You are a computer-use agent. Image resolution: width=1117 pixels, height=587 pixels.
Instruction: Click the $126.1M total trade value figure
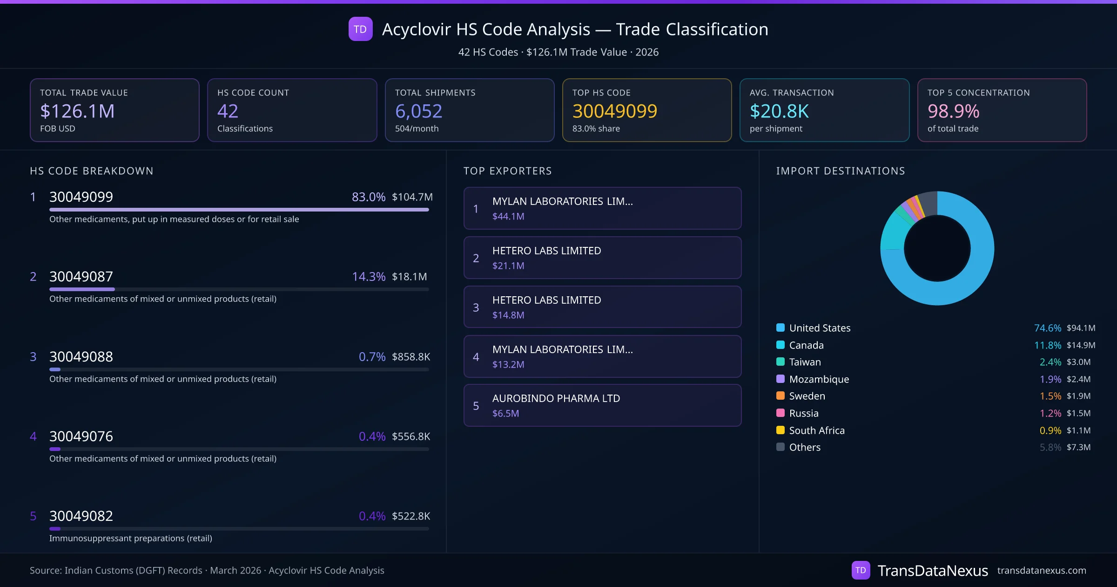[77, 111]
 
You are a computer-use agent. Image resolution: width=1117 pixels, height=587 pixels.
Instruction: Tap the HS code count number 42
[228, 111]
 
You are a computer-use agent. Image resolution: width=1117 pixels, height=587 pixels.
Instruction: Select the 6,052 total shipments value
[418, 111]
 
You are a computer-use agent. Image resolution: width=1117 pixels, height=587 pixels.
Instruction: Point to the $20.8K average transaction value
[779, 111]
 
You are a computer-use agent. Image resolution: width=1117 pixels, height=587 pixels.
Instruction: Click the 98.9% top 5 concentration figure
[953, 111]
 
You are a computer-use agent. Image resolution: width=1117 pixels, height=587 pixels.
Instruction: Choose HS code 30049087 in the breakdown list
[81, 277]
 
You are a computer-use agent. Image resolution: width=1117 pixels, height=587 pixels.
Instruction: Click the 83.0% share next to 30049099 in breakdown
[368, 197]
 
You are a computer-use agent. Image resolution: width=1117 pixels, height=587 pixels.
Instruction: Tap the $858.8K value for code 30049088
[410, 357]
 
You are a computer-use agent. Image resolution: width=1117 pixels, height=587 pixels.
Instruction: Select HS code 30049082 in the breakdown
[81, 516]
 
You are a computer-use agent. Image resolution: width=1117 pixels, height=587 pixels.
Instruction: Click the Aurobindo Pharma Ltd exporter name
[556, 398]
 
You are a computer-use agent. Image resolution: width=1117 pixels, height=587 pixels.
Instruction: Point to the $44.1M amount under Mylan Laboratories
[508, 216]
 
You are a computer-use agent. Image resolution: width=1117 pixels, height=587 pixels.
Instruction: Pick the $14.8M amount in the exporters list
[508, 315]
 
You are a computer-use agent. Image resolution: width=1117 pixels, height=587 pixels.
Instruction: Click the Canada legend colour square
[781, 345]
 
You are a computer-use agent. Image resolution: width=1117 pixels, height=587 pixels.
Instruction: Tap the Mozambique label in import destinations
[819, 379]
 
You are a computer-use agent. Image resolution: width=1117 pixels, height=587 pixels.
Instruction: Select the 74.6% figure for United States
[1047, 328]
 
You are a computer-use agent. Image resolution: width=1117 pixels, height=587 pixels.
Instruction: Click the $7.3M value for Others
[1078, 447]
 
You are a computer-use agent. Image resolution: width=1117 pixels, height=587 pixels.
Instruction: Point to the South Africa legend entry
[816, 430]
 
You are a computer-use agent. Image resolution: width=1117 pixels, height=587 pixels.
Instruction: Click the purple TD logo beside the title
[360, 29]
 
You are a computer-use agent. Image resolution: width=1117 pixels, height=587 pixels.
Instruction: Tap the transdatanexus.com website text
[1041, 570]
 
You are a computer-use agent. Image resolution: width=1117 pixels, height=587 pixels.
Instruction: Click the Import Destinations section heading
[840, 171]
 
